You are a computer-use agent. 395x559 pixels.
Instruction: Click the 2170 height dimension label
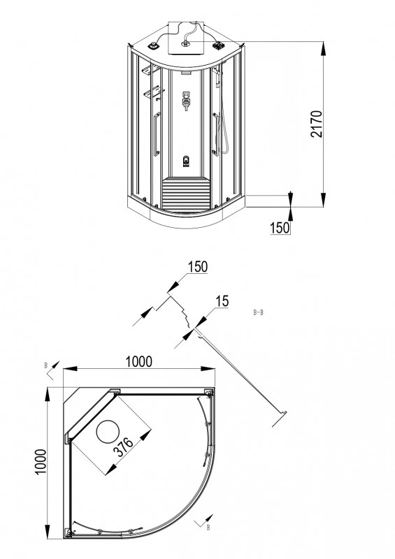pos(317,124)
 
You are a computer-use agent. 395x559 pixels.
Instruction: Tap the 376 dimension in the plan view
pos(123,447)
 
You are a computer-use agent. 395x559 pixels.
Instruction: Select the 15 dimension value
pos(222,301)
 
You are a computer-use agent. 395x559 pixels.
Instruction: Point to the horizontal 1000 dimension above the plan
pos(138,361)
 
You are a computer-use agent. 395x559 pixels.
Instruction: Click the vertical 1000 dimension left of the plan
pos(41,462)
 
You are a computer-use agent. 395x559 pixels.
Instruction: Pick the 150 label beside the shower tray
pos(280,228)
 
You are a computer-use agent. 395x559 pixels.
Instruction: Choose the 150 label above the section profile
pos(197,267)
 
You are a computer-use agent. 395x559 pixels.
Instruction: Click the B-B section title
pos(258,312)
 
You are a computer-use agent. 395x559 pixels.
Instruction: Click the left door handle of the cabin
pos(157,134)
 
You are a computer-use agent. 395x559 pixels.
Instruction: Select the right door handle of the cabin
pos(215,134)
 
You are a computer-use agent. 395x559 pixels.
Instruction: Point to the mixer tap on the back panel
pos(185,101)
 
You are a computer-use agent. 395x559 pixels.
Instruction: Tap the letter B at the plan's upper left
pos(45,365)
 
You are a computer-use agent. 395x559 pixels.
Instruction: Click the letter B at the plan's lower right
pos(208,528)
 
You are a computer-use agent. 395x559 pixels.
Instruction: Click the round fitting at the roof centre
pos(185,44)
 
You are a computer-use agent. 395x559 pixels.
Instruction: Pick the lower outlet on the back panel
pos(185,161)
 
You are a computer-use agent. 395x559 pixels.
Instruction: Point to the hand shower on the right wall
pos(217,77)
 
